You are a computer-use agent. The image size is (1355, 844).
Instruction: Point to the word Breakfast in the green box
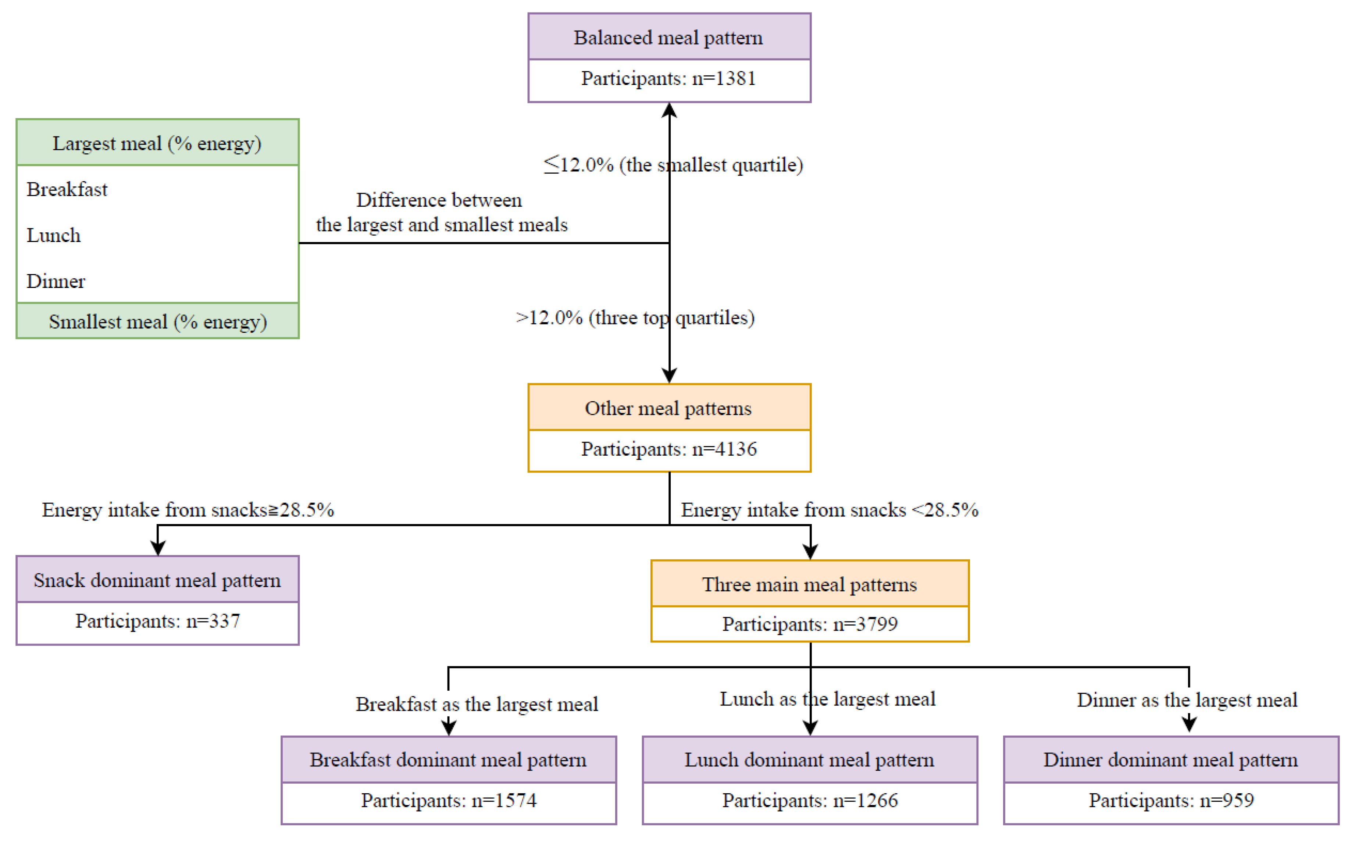click(67, 190)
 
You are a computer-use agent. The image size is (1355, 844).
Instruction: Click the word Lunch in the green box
click(54, 236)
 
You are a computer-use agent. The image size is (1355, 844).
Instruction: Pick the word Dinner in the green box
click(56, 281)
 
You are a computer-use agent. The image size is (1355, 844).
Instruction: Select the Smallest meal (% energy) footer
click(157, 322)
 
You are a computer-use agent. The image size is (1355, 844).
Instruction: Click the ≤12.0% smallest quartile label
click(673, 165)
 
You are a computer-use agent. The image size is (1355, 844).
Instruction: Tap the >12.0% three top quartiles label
click(635, 318)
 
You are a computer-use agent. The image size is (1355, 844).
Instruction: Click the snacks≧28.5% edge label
click(188, 510)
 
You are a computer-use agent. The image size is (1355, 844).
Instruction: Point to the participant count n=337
click(157, 621)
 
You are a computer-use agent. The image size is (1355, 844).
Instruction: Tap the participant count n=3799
click(809, 624)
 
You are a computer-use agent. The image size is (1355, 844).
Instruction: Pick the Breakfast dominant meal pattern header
click(448, 760)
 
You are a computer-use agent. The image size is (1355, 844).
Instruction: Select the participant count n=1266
click(809, 801)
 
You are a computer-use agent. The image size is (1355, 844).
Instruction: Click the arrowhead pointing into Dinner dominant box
click(1189, 724)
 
